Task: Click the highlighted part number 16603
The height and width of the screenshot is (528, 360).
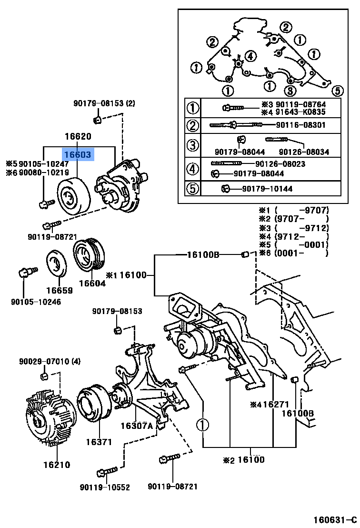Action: coord(78,155)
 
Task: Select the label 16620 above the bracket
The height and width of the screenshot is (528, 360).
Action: coord(78,137)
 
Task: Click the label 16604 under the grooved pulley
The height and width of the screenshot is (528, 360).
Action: coord(92,284)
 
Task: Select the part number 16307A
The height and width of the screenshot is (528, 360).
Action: coord(137,426)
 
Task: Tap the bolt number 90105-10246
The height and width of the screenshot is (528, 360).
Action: coord(37,301)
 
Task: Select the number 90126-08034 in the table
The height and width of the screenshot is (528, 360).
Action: coord(304,152)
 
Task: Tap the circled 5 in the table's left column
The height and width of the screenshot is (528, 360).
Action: coord(192,189)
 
